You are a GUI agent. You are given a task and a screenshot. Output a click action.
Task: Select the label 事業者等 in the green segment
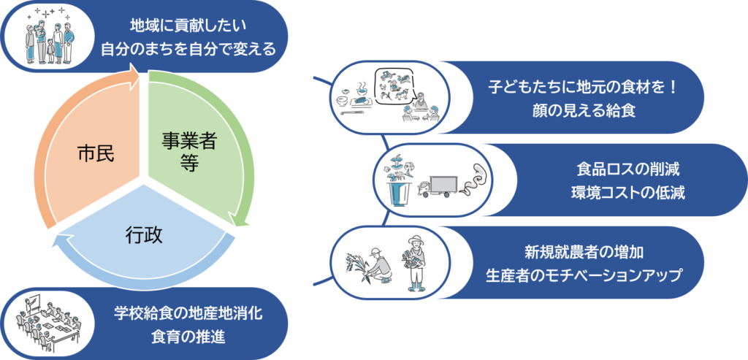coord(188,151)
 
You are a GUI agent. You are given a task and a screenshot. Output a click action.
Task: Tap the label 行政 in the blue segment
coord(143,235)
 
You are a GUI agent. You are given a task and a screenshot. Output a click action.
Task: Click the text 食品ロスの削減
coord(627,172)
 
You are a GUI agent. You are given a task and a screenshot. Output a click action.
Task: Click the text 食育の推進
coord(188,336)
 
